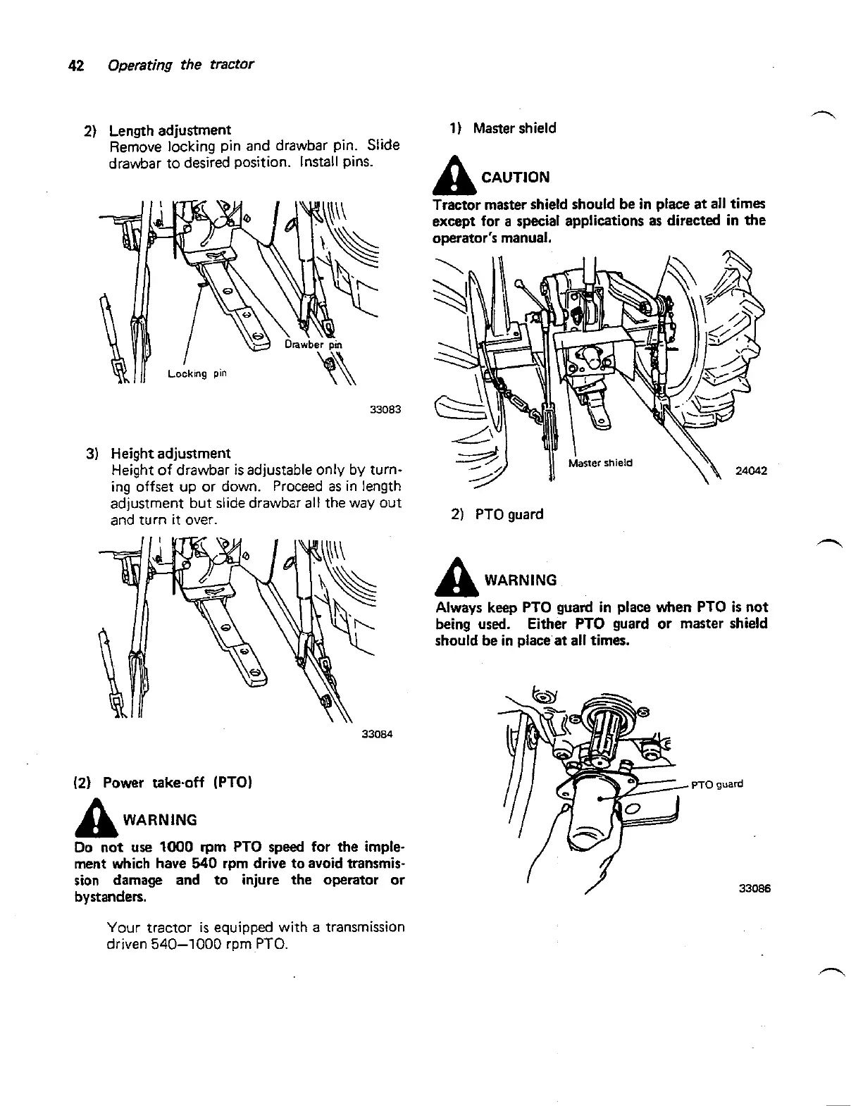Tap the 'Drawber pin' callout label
(x=313, y=344)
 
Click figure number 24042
(x=751, y=471)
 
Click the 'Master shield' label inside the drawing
(x=600, y=463)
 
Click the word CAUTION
(x=515, y=177)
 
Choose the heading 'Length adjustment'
(x=170, y=130)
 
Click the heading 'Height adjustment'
(x=170, y=453)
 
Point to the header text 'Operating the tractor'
(x=180, y=66)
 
